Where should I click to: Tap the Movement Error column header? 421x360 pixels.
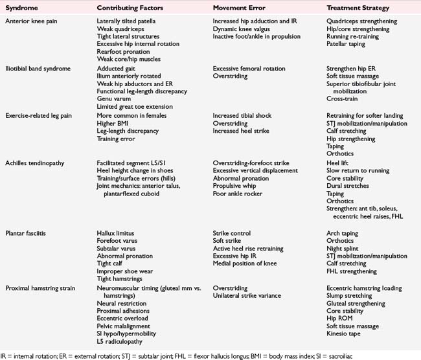pyautogui.click(x=242, y=7)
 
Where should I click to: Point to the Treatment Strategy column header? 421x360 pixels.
pyautogui.click(x=359, y=7)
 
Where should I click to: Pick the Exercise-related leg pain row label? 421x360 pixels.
pyautogui.click(x=41, y=115)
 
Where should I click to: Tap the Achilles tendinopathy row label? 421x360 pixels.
pyautogui.click(x=38, y=163)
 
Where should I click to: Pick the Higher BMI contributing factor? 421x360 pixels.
pyautogui.click(x=115, y=123)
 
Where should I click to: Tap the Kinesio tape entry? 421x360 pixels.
pyautogui.click(x=346, y=334)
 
